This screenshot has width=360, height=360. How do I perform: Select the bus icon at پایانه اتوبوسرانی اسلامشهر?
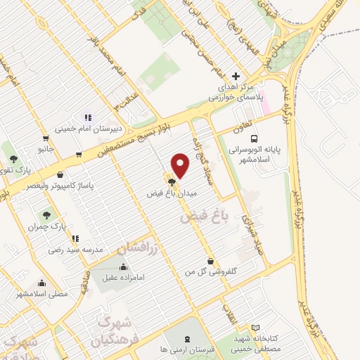tap(254, 139)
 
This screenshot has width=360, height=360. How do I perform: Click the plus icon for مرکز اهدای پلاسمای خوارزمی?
tap(236, 76)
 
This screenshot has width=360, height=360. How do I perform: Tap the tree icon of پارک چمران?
tap(46, 215)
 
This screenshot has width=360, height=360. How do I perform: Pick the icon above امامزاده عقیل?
tap(124, 266)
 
